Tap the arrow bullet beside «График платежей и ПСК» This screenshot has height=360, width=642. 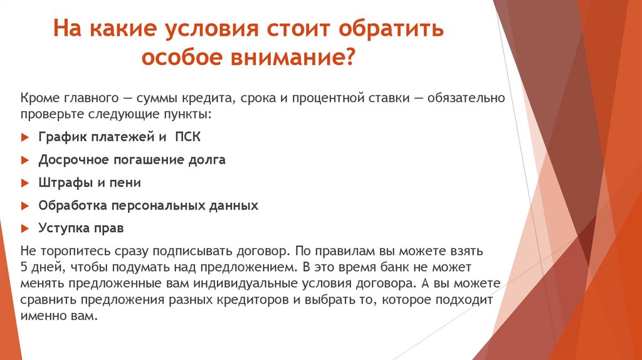24,137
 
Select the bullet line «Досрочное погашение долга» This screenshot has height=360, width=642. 132,159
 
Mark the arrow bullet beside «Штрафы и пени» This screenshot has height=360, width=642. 24,183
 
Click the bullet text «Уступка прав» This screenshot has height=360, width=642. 81,227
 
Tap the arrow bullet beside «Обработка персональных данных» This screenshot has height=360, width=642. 24,205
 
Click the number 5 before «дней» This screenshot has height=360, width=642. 23,267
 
